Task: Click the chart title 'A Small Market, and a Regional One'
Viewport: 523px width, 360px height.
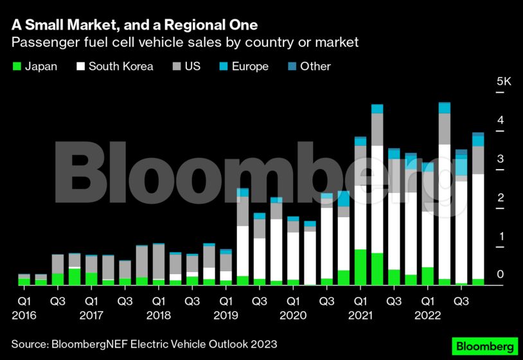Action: pos(134,25)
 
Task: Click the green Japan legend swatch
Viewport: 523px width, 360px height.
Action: pos(17,66)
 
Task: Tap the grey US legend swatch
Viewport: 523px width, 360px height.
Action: pos(177,66)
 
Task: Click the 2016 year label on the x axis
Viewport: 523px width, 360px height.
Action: pos(24,316)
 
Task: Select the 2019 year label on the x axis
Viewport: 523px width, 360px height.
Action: pos(226,316)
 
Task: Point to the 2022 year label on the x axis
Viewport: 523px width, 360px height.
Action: pos(427,316)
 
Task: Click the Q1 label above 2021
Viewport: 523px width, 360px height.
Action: pos(360,301)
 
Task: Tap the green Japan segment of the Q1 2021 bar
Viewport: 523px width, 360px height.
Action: pos(360,267)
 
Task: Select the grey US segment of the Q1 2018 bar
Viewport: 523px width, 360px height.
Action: pos(158,262)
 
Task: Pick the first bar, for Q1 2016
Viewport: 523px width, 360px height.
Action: pos(24,280)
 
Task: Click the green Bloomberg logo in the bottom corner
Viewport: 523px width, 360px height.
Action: pos(485,345)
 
